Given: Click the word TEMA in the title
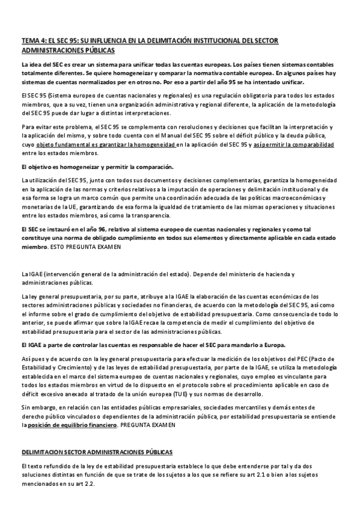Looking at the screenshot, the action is (29, 41).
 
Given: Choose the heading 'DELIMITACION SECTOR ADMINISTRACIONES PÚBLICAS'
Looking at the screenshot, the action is (97, 451).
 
